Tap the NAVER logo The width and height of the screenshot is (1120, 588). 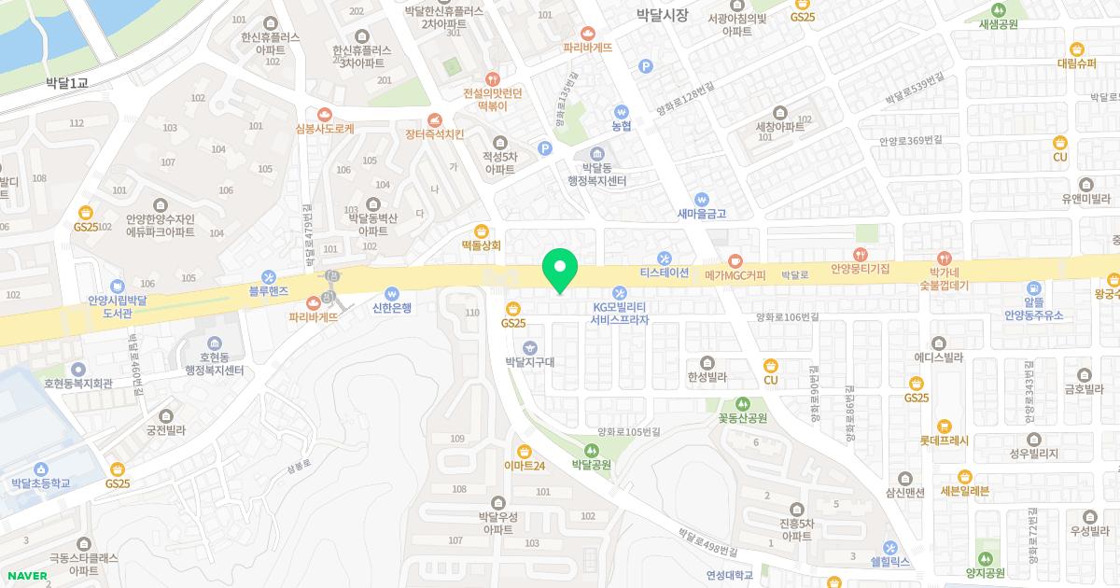(26, 576)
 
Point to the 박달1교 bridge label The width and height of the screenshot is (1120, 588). (66, 83)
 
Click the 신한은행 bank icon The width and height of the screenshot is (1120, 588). (392, 292)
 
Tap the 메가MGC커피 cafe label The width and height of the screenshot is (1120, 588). (735, 275)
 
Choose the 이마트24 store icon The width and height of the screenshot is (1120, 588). (524, 451)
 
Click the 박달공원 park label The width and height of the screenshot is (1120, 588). (591, 464)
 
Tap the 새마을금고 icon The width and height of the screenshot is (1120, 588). (702, 199)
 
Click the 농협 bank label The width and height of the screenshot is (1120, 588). (622, 126)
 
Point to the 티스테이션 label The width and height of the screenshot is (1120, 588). (664, 273)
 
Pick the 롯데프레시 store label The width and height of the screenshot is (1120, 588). (945, 441)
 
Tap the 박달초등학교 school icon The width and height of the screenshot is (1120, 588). (41, 469)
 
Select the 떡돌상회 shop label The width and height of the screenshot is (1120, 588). (482, 246)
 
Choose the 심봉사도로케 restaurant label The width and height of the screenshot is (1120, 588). (324, 130)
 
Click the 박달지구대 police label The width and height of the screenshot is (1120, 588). (529, 361)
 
